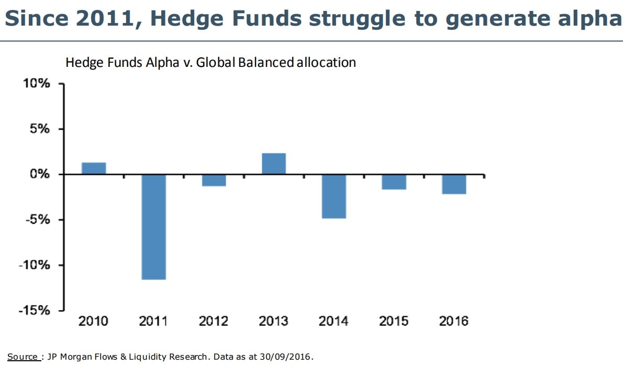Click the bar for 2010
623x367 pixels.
click(x=94, y=168)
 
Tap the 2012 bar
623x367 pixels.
click(x=214, y=180)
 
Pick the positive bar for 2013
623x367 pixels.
click(x=273, y=164)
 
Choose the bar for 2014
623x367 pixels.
click(x=333, y=196)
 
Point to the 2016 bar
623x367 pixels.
click(x=453, y=184)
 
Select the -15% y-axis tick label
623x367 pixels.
click(x=35, y=310)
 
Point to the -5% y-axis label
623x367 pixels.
click(x=38, y=220)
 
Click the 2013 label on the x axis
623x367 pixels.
click(x=273, y=321)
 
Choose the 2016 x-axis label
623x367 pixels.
click(x=453, y=321)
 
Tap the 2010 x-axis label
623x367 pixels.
click(x=93, y=321)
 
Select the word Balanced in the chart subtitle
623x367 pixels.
click(x=265, y=63)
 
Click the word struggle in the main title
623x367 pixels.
click(x=356, y=19)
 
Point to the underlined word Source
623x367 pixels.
click(x=22, y=357)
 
